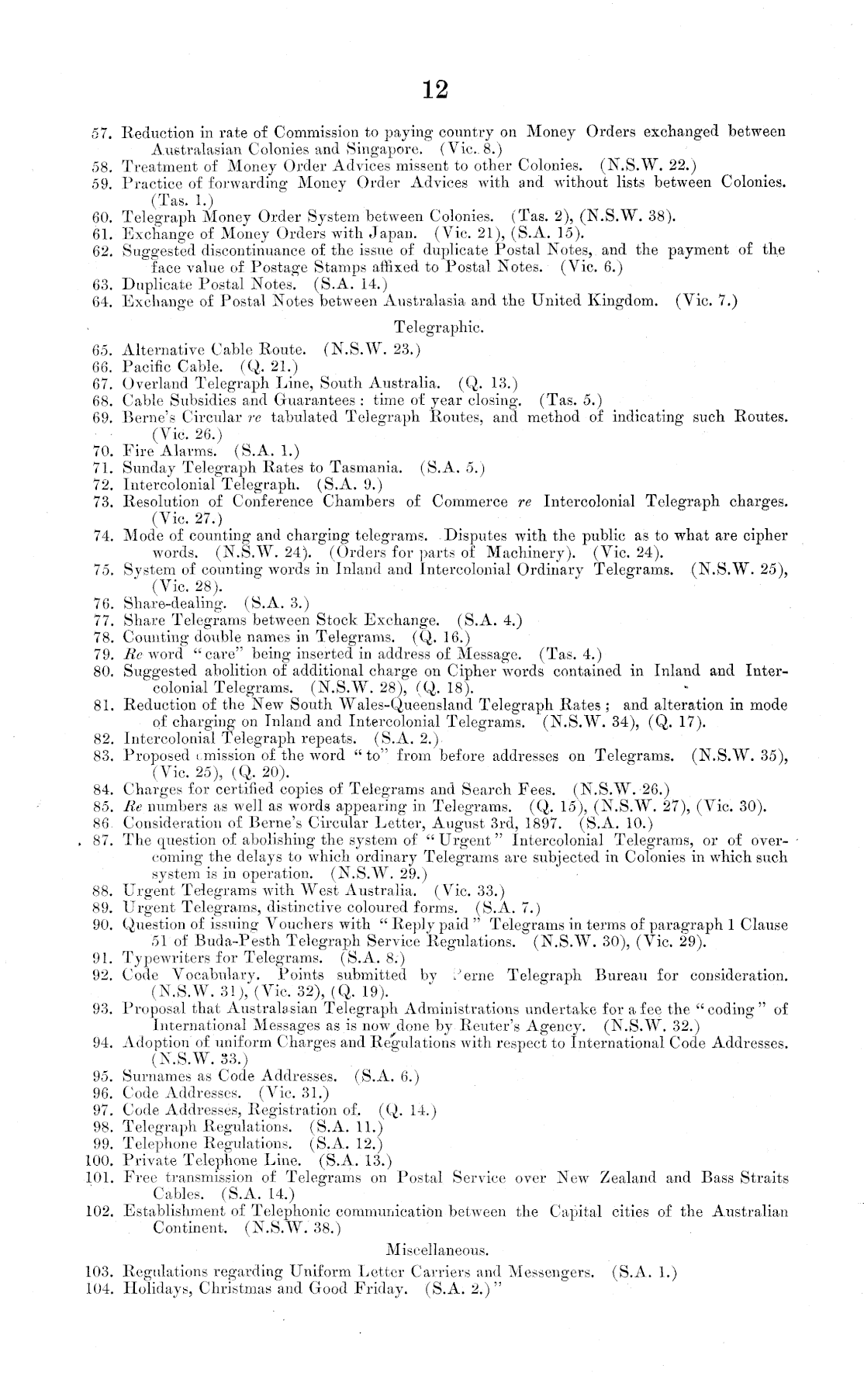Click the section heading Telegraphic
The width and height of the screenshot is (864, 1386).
tap(439, 327)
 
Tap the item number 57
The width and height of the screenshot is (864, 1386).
tap(103, 132)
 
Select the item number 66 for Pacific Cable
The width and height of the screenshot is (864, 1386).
tap(103, 366)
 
